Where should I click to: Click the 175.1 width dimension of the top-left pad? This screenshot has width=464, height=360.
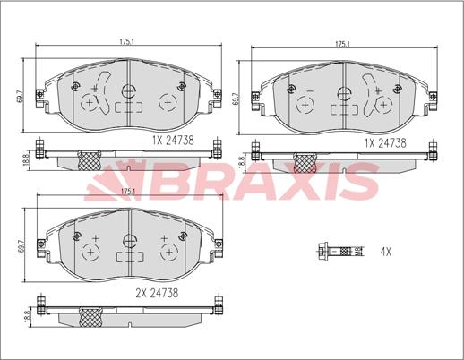[x=126, y=41]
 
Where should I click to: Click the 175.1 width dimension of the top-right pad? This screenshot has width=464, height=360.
[x=342, y=44]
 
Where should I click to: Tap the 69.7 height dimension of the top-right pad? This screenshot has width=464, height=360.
[x=236, y=98]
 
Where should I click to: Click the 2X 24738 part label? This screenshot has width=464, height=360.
[x=157, y=293]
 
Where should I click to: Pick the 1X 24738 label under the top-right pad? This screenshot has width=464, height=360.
[x=385, y=143]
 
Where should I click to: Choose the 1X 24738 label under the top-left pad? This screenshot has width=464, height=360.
[x=173, y=141]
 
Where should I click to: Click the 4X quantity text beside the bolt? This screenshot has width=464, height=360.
[x=385, y=253]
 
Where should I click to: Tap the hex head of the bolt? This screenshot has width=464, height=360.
[x=322, y=252]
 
